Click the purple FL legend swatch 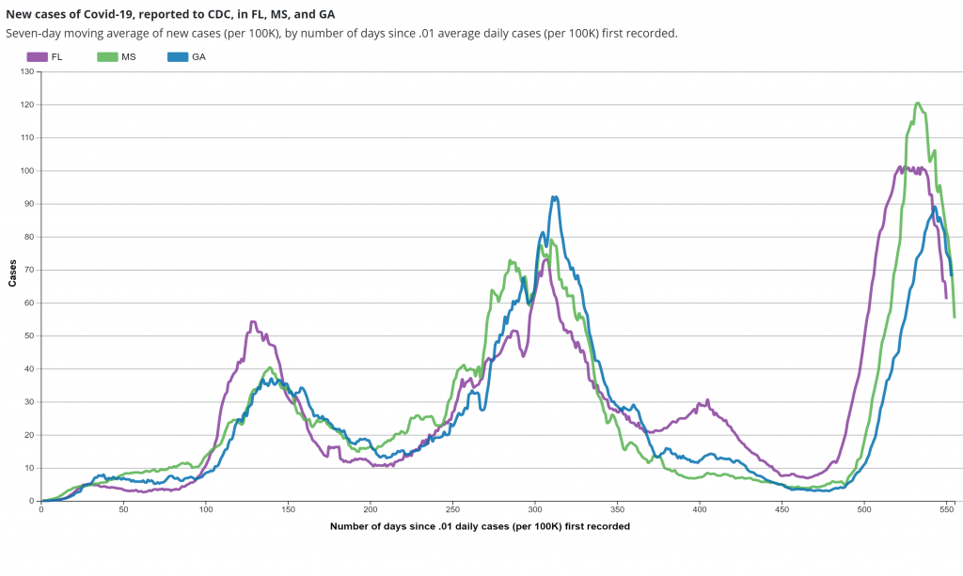38,57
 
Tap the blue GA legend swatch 178,57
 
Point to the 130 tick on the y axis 27,71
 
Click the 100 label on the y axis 27,171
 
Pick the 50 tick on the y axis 27,336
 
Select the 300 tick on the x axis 534,509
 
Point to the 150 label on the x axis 288,509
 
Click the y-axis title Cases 12,272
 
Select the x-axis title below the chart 480,526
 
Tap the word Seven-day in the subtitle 29,33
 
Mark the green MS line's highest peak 917,103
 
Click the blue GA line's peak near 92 555,197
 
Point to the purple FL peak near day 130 253,322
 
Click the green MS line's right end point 954,317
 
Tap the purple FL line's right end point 946,297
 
